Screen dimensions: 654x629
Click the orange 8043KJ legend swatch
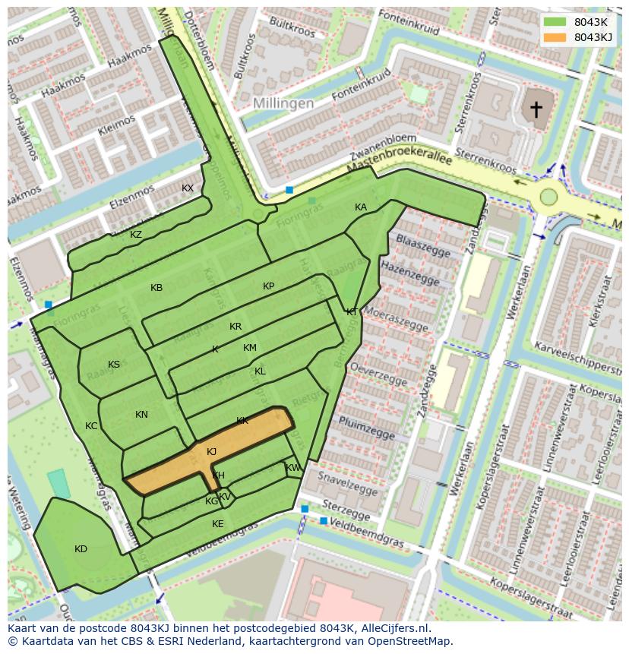point(555,37)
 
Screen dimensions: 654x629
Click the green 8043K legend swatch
point(555,22)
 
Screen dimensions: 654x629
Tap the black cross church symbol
point(536,109)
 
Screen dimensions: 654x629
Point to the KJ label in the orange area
point(211,452)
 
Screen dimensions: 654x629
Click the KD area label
point(81,549)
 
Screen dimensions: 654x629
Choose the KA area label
point(361,207)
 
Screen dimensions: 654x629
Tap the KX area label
point(188,188)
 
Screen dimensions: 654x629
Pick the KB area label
point(156,288)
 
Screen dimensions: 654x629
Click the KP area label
point(268,286)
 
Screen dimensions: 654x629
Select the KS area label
point(114,365)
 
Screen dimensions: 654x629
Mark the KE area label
point(218,524)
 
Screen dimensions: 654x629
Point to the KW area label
point(292,468)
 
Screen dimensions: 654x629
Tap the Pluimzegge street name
point(367,427)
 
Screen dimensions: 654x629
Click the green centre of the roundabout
point(548,197)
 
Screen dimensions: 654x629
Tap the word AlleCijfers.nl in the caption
point(387,628)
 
